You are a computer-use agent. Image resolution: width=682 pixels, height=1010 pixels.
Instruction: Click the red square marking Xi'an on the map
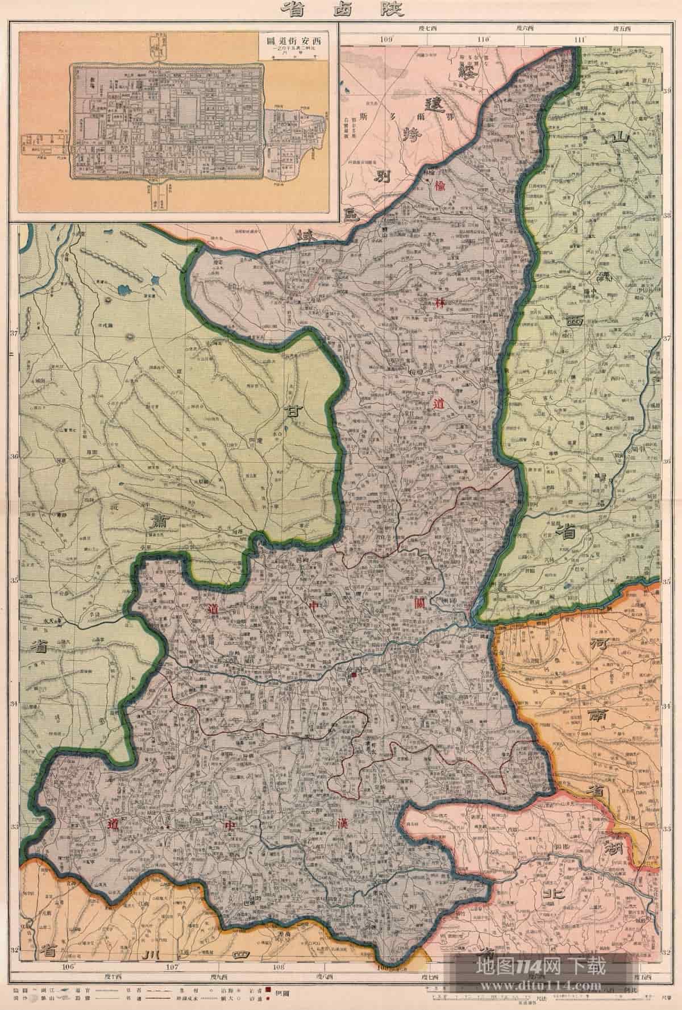pos(354,674)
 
